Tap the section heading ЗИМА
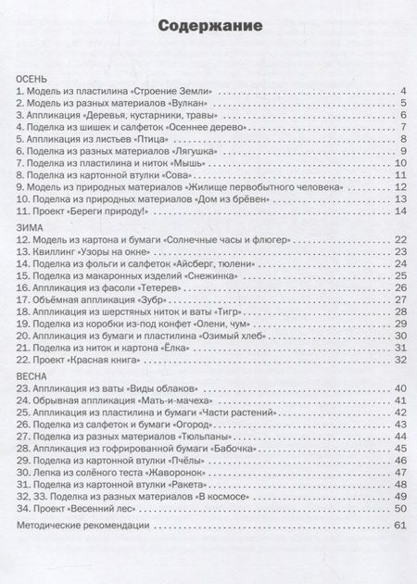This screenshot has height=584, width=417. click(31, 227)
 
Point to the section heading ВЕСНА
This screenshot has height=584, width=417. click(35, 376)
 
